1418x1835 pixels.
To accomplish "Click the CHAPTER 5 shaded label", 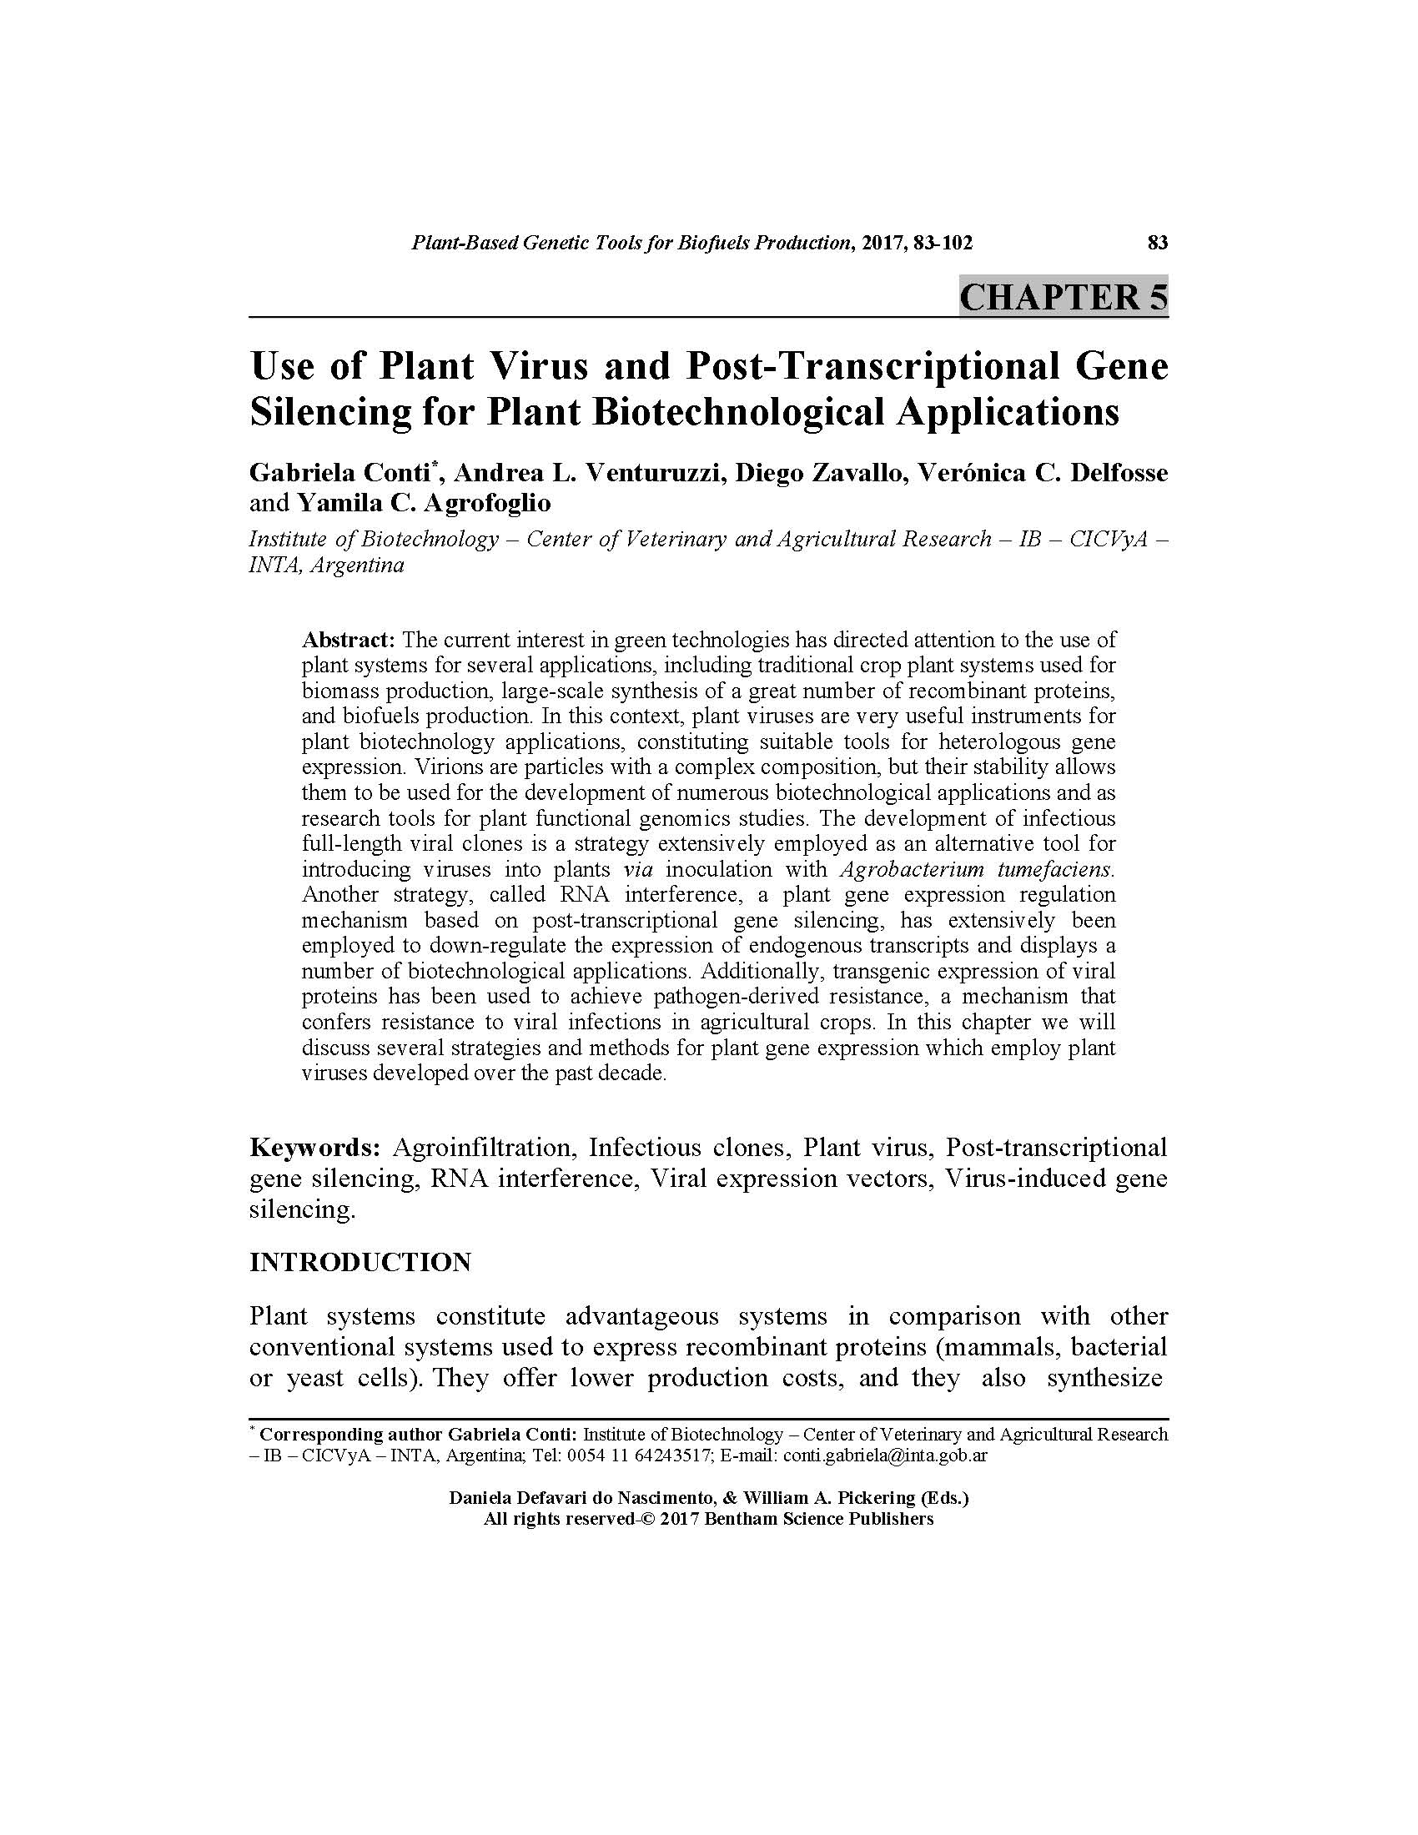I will [1063, 299].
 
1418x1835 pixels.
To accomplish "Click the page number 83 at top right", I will [1157, 244].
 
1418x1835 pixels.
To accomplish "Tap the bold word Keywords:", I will [316, 1148].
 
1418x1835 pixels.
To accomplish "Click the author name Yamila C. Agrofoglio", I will [424, 503].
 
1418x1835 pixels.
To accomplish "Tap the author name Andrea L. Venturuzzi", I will [588, 473].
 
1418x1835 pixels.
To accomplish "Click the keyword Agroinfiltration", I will [481, 1148].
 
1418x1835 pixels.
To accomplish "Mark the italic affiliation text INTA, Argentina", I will [326, 566].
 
